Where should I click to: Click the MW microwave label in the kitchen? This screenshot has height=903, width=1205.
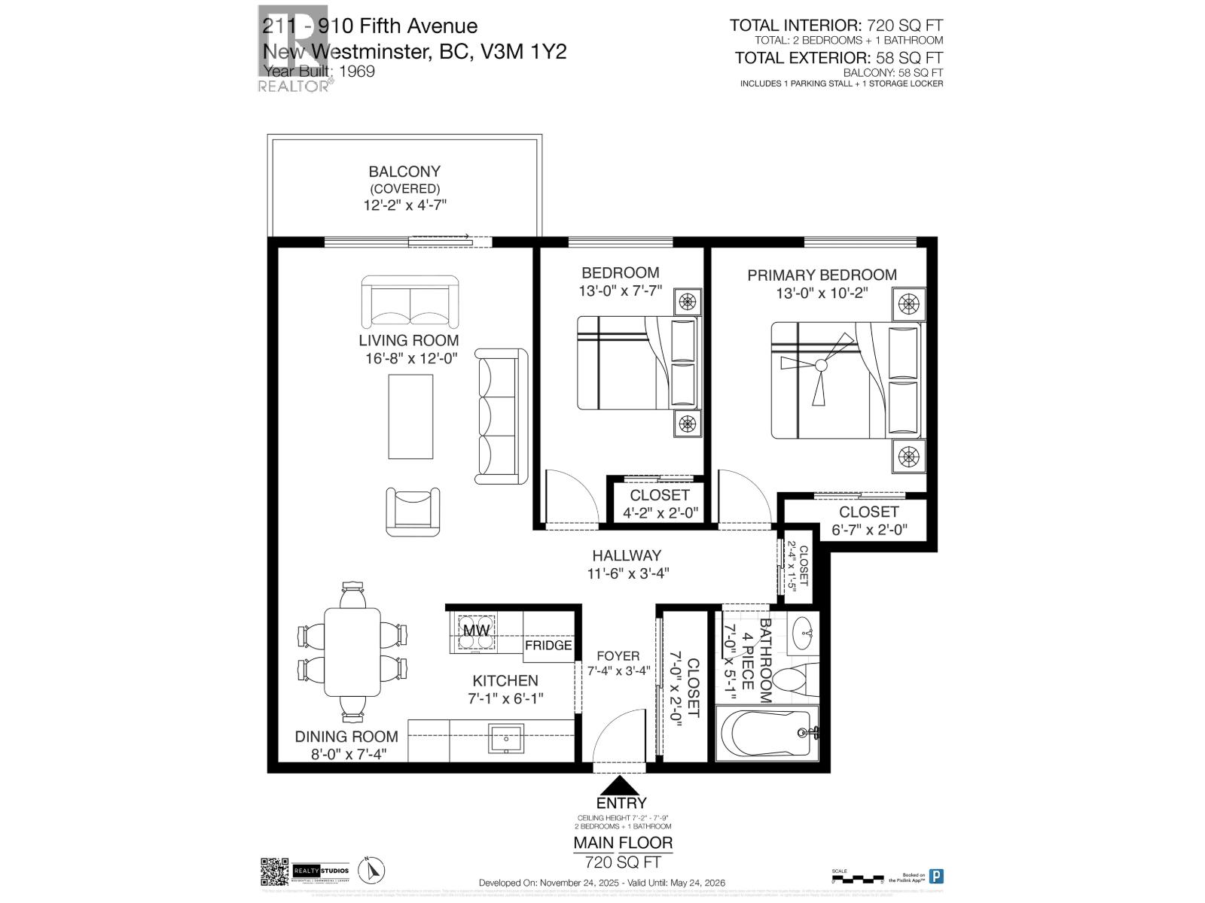476,630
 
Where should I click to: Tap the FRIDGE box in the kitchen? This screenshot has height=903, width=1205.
548,646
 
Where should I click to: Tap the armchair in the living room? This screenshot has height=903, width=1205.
413,512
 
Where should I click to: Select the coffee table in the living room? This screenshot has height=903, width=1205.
410,416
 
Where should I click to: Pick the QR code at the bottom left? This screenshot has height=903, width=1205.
274,871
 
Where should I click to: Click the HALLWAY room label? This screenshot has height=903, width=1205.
626,555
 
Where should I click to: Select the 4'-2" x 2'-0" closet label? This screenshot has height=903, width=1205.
660,512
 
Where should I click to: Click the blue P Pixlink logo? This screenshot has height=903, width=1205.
936,876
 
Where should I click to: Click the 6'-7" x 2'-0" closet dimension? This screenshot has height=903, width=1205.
868,529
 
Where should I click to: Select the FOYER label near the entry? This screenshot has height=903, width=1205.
618,656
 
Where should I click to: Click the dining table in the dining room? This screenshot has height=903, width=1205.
352,652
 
